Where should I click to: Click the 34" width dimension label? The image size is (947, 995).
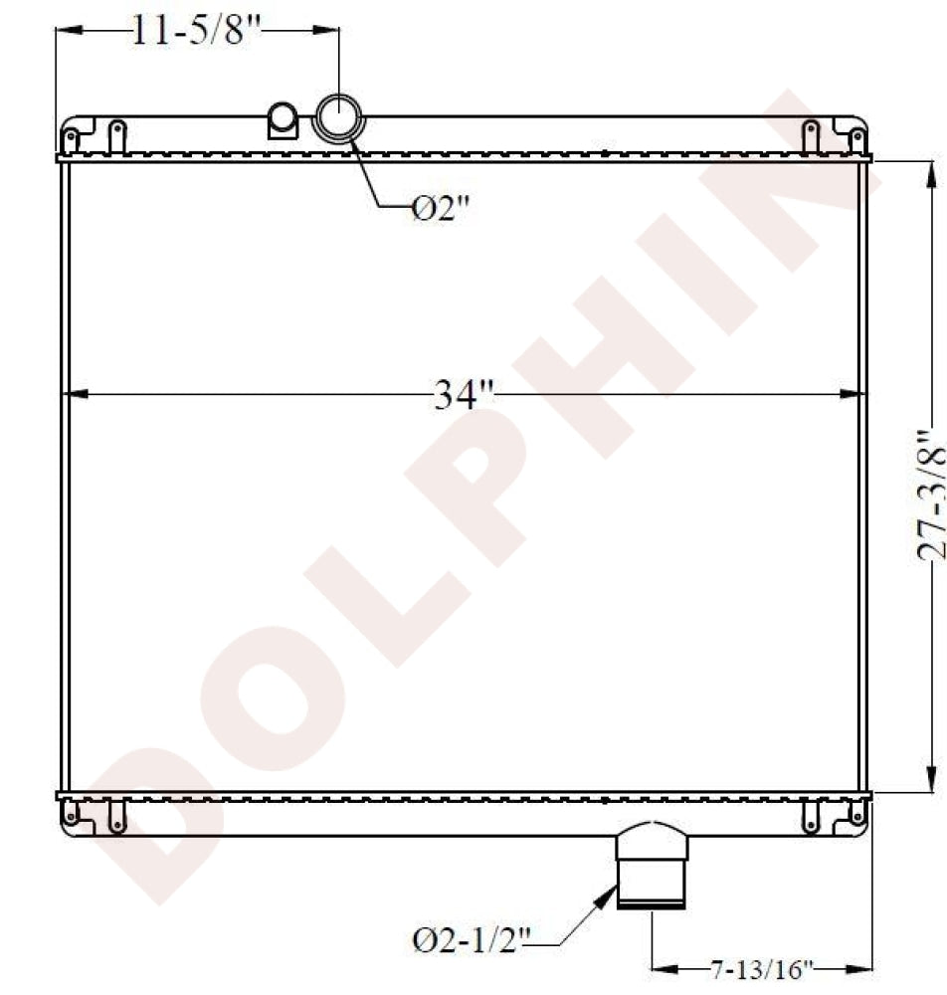[464, 396]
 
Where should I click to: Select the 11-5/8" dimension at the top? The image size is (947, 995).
[196, 32]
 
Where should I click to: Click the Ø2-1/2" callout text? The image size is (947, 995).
[473, 938]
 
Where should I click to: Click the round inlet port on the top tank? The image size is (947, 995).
[338, 119]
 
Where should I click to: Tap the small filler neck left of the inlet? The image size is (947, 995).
[283, 120]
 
